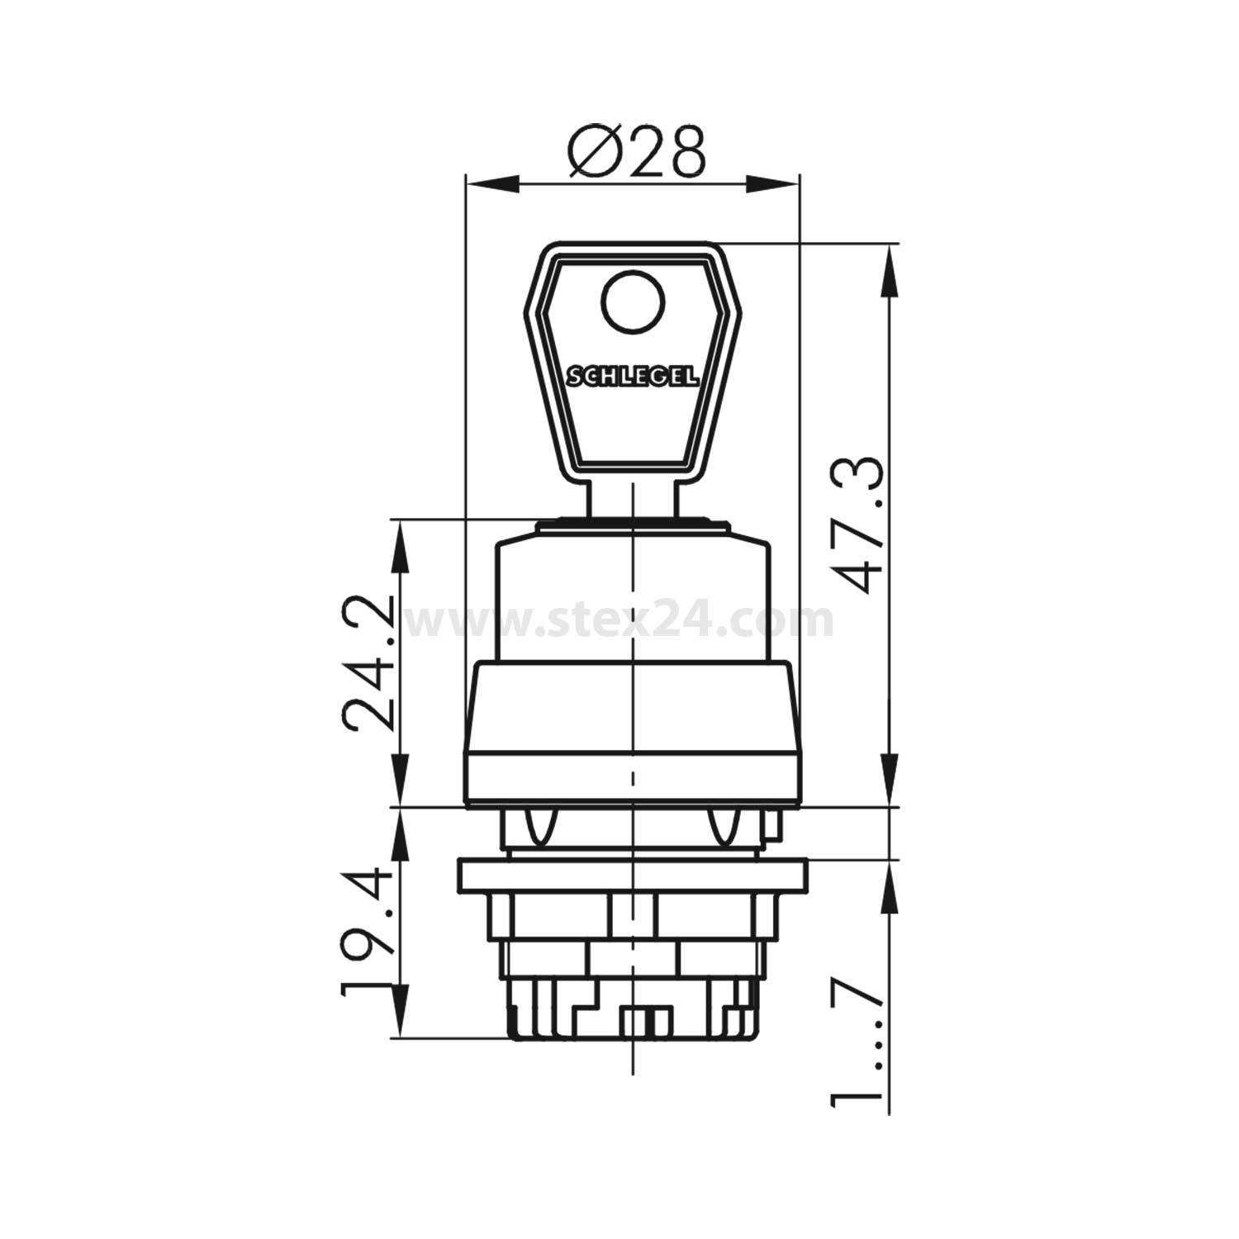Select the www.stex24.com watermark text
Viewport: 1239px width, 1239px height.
pos(619,620)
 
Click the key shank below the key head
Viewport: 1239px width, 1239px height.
pos(633,500)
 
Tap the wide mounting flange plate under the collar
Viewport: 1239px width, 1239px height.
pos(633,876)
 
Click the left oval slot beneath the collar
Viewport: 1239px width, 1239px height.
pos(538,827)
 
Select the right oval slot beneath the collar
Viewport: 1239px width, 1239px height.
pos(725,827)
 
